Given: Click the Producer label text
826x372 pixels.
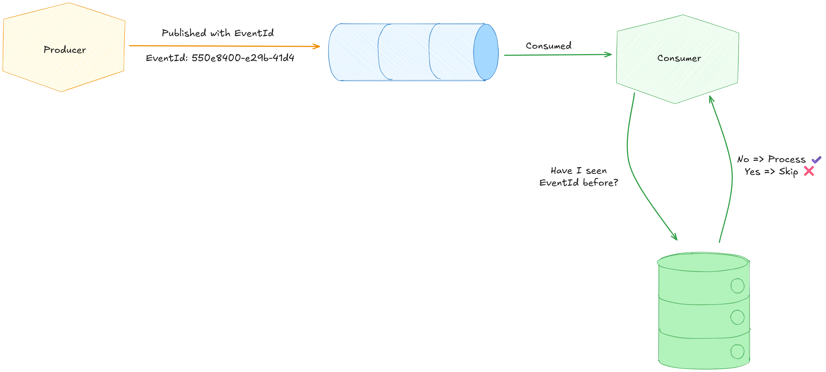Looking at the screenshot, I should pos(65,50).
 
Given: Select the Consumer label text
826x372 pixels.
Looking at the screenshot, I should pos(679,58).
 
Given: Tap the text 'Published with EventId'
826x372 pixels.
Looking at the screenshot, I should pos(217,33).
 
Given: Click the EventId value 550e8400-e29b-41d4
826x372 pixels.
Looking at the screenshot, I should pos(243,58).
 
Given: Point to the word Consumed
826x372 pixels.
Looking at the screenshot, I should pos(548,46).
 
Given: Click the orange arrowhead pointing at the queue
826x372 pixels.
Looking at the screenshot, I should pos(317,46).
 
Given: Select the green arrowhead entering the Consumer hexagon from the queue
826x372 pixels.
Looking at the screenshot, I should pos(608,54).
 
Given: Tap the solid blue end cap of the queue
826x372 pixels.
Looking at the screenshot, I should pos(486,52).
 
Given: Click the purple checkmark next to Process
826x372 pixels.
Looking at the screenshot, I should pos(816,159).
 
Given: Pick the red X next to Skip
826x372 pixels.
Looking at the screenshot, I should pos(809,171).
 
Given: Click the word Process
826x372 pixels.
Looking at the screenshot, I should pos(787,159).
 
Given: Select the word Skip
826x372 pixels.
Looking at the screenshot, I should pos(788,172).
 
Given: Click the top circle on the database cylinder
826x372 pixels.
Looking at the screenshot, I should pos(737,286).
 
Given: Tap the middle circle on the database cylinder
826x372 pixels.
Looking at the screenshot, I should pos(737,317).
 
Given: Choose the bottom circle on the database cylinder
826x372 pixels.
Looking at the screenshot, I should pos(737,352).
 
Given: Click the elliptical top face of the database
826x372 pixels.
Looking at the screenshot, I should pos(702,262).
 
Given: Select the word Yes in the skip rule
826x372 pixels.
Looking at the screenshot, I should pos(752,172).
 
